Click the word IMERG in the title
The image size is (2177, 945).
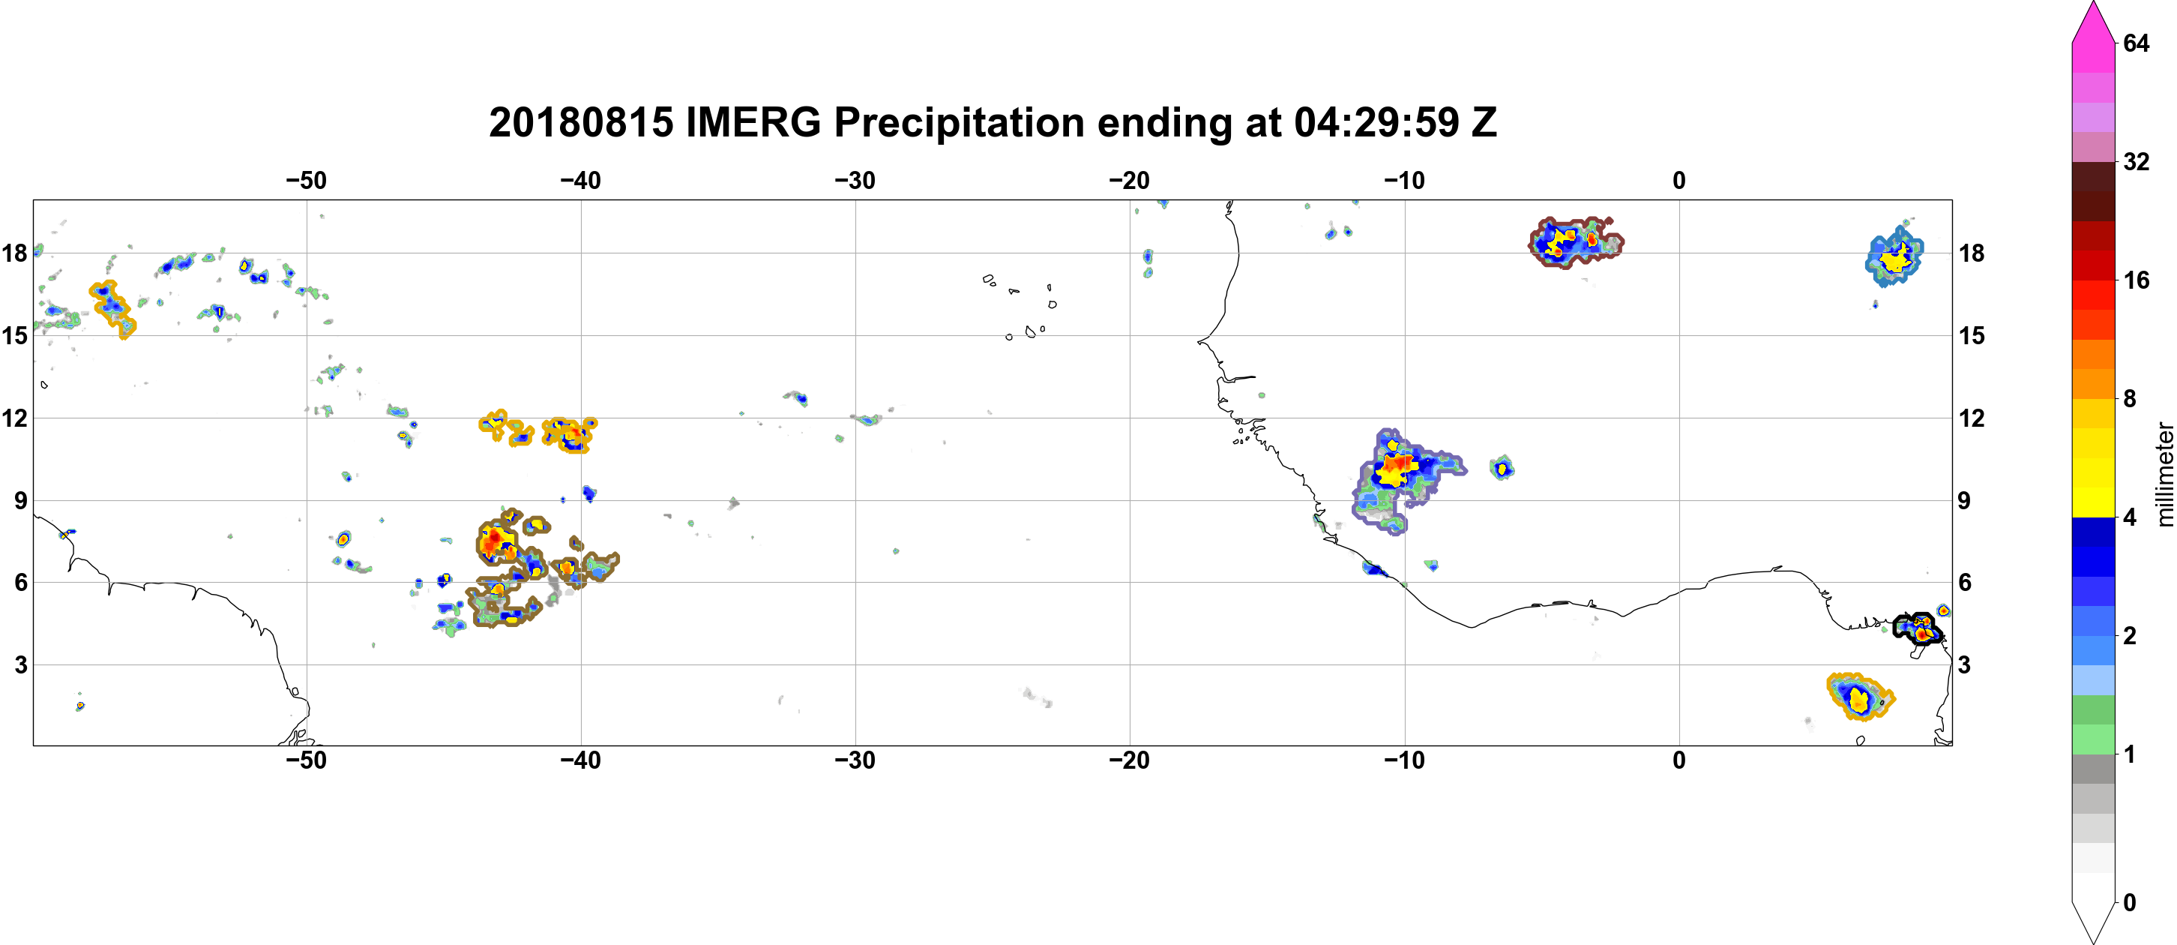point(752,122)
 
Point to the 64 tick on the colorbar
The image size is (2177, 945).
point(2137,43)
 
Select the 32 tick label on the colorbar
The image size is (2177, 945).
point(2137,161)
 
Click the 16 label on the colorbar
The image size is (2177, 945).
point(2137,280)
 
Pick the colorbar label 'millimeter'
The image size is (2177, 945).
point(2164,474)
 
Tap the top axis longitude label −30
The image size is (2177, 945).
point(855,181)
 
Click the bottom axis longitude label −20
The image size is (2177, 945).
point(1129,760)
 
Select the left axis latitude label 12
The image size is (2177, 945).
point(15,418)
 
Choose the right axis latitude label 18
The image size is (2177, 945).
point(1972,253)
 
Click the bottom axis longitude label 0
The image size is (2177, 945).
point(1678,760)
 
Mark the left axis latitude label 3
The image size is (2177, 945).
point(21,664)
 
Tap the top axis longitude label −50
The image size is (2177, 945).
point(305,181)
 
